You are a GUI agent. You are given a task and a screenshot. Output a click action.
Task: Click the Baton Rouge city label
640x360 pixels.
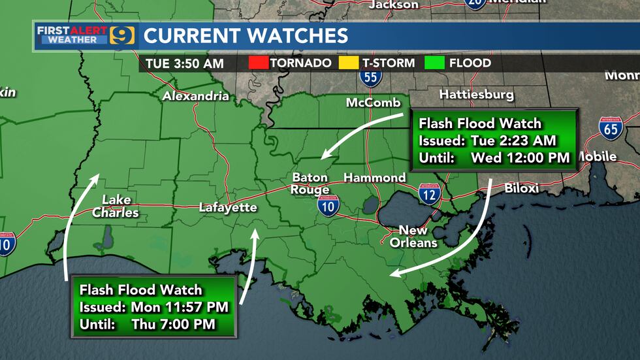pos(311,184)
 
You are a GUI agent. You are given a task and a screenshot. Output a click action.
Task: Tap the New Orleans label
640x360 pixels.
pos(413,237)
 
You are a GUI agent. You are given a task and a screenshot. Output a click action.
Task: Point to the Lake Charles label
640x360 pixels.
pos(116,206)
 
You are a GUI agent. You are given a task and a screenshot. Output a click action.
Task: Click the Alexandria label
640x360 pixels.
pos(196,97)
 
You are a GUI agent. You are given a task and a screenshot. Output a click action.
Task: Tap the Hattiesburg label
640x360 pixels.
pos(476,95)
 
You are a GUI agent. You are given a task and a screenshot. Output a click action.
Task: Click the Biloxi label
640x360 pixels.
pos(522,189)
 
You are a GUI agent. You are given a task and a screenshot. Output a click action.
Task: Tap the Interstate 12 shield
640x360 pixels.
pos(429,192)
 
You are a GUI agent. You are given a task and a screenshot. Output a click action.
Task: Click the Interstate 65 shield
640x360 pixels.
pos(611,128)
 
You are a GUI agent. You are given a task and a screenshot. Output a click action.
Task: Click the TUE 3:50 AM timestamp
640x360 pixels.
pos(182,64)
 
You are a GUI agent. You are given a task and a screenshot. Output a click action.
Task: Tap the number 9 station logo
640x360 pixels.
pos(122,35)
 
